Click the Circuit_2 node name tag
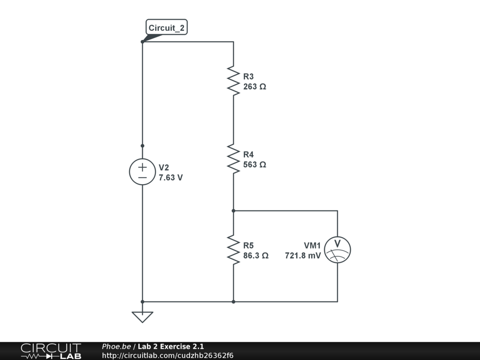click(x=166, y=28)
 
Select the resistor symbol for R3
click(x=233, y=80)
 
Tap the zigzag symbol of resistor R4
click(x=233, y=158)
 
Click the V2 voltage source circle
click(x=142, y=172)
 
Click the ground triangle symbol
click(x=142, y=317)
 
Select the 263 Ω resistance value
click(x=255, y=87)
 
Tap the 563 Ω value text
click(x=255, y=165)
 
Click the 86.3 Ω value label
click(x=255, y=256)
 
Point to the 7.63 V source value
click(x=171, y=178)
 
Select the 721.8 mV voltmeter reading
click(x=303, y=256)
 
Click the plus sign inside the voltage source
click(x=142, y=167)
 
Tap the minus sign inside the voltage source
click(x=142, y=178)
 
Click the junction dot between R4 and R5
click(x=233, y=211)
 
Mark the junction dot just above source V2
click(x=142, y=146)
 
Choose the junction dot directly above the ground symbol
click(x=142, y=301)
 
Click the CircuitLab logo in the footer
click(x=51, y=351)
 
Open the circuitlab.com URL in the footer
click(x=167, y=355)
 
